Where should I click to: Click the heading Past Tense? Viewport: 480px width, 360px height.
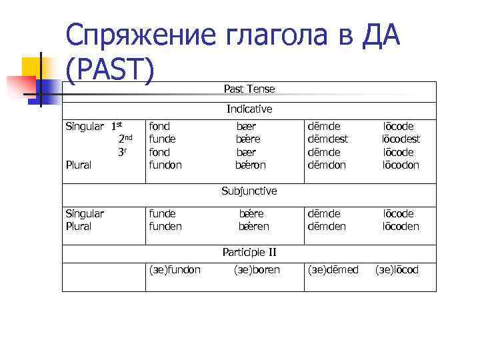click(x=249, y=89)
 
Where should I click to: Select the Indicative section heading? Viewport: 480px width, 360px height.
click(x=249, y=109)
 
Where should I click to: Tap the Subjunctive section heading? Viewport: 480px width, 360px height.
click(x=249, y=191)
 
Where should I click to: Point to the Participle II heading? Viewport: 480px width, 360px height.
click(x=249, y=252)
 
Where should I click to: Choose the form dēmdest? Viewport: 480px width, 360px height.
click(x=328, y=139)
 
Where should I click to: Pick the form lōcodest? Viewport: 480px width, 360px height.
click(x=401, y=139)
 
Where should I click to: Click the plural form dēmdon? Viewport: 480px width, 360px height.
click(x=326, y=165)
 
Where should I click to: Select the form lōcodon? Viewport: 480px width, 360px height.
click(x=400, y=165)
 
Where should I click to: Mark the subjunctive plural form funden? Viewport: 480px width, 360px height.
click(x=165, y=226)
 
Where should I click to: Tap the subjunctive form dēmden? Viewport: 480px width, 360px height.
click(x=326, y=226)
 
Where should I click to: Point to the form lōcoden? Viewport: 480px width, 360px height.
click(x=400, y=226)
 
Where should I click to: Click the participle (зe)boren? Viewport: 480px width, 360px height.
click(x=257, y=270)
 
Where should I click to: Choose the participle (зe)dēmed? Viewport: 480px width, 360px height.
click(x=333, y=270)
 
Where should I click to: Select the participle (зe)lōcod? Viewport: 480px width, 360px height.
click(x=397, y=270)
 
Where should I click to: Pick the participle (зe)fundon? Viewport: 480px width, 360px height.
click(x=174, y=270)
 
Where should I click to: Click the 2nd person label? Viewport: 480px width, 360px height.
click(x=125, y=139)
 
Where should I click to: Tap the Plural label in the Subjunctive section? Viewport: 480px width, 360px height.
click(x=78, y=226)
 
